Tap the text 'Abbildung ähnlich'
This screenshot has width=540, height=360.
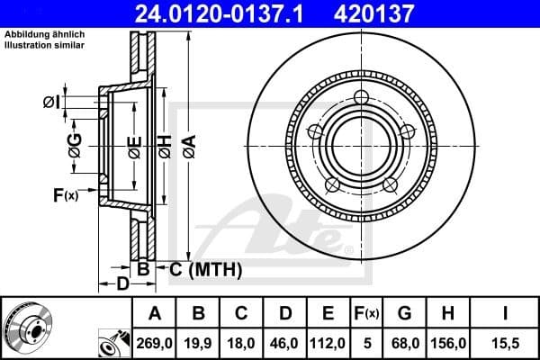coord(42,34)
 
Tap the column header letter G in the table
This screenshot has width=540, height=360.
coord(405,314)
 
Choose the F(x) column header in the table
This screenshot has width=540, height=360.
coord(367,314)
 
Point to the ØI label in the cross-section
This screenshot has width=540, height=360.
coord(53,103)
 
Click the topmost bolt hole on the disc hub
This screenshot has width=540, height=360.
coord(362,98)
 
